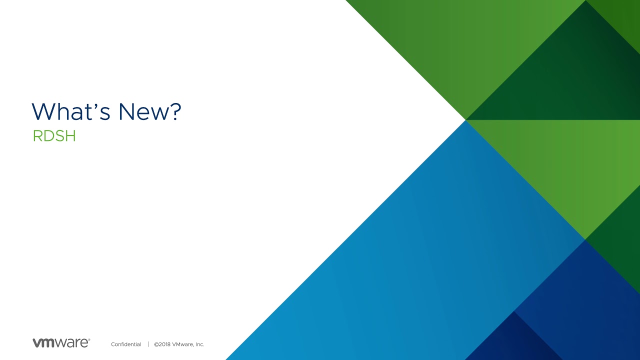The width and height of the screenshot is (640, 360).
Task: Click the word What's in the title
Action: point(71,111)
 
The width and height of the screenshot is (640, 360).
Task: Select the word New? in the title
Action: point(150,111)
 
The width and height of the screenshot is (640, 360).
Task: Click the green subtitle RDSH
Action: point(54,135)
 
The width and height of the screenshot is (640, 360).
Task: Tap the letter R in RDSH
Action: point(37,135)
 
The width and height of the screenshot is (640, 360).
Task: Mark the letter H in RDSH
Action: point(71,135)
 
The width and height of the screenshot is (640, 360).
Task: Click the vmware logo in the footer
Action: point(61,342)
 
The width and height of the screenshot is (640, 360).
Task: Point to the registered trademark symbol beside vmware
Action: point(89,339)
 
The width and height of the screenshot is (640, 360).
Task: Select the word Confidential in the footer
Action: point(126,344)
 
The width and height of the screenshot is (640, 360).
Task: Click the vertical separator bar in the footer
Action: point(148,344)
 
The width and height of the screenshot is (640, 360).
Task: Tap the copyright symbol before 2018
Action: point(156,344)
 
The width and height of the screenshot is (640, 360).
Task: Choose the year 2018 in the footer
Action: point(164,344)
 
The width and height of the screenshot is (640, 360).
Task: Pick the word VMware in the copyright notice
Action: point(183,344)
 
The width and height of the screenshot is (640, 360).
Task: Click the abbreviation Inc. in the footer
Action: point(200,344)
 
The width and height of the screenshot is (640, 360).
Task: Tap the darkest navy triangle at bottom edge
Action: point(514,343)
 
